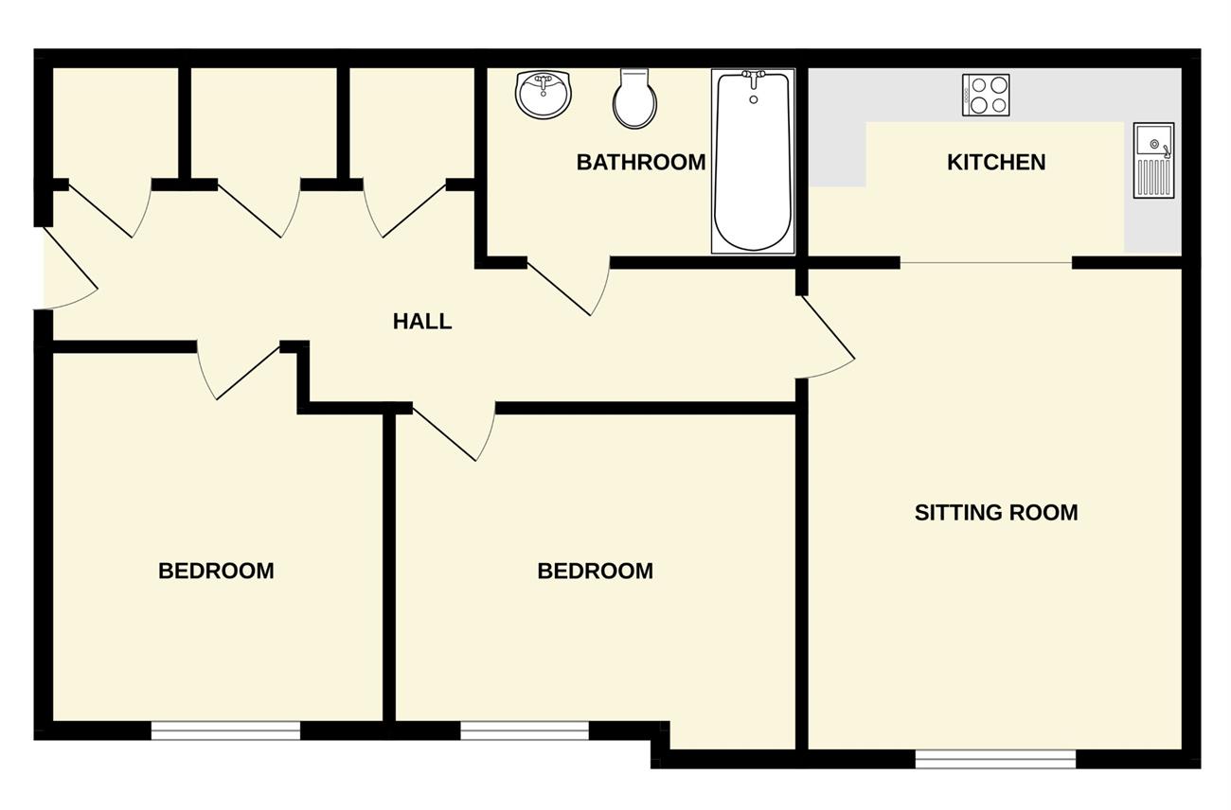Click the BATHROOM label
pyautogui.click(x=641, y=162)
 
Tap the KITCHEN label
pyautogui.click(x=996, y=162)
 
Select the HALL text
pyautogui.click(x=422, y=321)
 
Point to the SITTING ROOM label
pyautogui.click(x=996, y=512)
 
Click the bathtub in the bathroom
pyautogui.click(x=753, y=161)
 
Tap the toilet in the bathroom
pyautogui.click(x=634, y=97)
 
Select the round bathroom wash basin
pyautogui.click(x=544, y=95)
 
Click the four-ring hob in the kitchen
pyautogui.click(x=986, y=95)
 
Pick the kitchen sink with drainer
pyautogui.click(x=1153, y=160)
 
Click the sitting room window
pyautogui.click(x=995, y=759)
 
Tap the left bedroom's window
pyautogui.click(x=226, y=731)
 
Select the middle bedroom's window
pyautogui.click(x=525, y=731)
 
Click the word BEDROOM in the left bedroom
pyautogui.click(x=216, y=572)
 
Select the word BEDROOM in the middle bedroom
pyautogui.click(x=596, y=572)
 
